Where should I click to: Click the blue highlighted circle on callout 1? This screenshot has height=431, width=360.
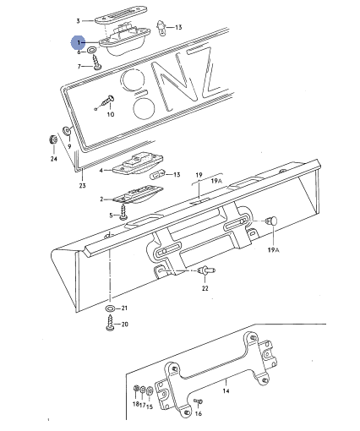[x=78, y=42]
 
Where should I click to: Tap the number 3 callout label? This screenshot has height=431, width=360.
[x=78, y=21]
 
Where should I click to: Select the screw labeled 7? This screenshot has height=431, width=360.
[x=97, y=62]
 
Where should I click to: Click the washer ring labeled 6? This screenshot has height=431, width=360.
[x=92, y=50]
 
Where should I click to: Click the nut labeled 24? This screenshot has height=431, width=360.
[x=52, y=139]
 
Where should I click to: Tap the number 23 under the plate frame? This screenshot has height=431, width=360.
[x=82, y=186]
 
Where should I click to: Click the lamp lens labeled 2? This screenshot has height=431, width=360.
[x=138, y=194]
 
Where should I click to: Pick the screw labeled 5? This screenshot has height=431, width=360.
[x=123, y=212]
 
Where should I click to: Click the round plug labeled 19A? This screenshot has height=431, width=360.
[x=272, y=221]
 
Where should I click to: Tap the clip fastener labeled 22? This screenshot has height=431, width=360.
[x=206, y=271]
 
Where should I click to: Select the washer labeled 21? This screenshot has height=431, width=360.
[x=110, y=308]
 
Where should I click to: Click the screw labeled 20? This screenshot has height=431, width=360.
[x=110, y=323]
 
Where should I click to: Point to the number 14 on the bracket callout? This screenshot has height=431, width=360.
[x=226, y=391]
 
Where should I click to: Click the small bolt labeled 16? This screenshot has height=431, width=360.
[x=198, y=401]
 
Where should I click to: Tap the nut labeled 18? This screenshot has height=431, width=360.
[x=136, y=389]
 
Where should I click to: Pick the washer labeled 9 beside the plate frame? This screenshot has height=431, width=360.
[x=67, y=130]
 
